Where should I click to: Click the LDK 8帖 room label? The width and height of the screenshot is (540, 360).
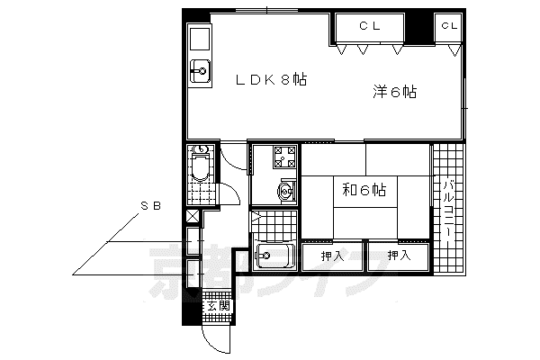(271, 80)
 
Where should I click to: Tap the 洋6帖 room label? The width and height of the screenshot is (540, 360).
(395, 93)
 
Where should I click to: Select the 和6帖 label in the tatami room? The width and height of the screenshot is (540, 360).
(364, 190)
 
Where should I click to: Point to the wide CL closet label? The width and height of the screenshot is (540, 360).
(370, 26)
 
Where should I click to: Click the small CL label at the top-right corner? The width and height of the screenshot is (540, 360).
(449, 25)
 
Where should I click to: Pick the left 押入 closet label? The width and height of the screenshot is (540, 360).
(332, 256)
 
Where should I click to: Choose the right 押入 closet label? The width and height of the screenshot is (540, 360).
(399, 256)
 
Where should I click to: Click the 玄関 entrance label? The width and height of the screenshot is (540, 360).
(219, 306)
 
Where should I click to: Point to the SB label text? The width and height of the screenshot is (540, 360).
(151, 206)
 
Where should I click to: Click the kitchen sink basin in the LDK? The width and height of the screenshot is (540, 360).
(200, 71)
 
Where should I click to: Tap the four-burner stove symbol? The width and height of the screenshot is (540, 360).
(284, 157)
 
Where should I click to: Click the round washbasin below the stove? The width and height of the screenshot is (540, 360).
(285, 191)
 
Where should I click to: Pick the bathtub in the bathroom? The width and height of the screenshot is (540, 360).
(274, 256)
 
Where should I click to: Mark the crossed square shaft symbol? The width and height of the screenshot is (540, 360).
(193, 216)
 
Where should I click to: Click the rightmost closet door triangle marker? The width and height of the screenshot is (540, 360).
(454, 50)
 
